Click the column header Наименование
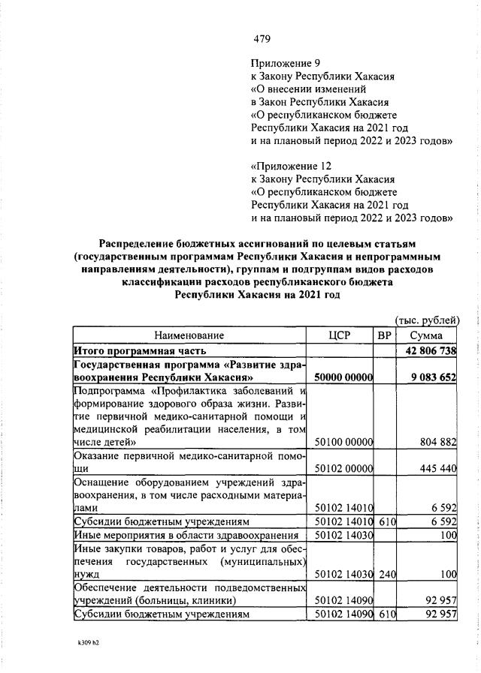[189, 335]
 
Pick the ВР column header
[385, 335]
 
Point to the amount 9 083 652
[434, 377]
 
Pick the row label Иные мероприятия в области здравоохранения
[186, 535]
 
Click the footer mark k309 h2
[89, 642]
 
